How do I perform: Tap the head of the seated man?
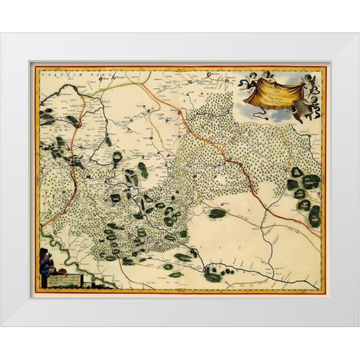point(46,256)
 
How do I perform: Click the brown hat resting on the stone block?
point(64,272)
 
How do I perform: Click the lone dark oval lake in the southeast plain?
point(217,213)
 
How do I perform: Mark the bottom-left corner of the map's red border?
point(34,291)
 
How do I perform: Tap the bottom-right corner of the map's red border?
point(325,291)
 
